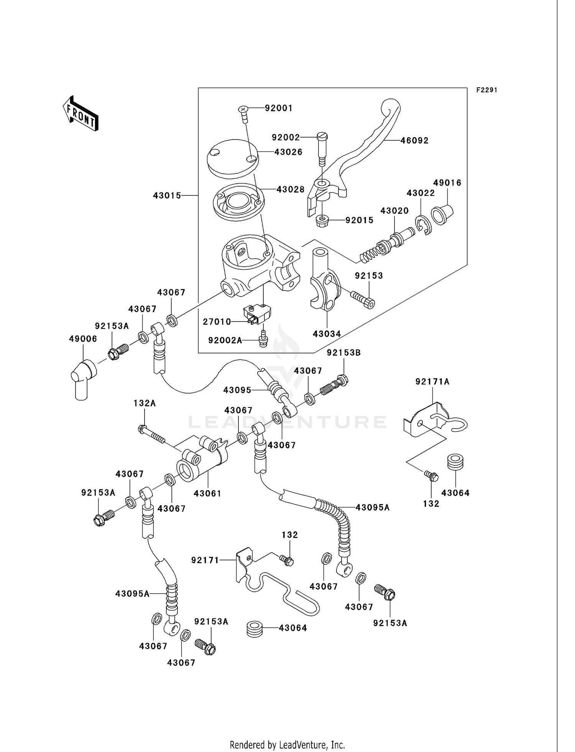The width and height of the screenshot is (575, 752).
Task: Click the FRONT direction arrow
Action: click(81, 114)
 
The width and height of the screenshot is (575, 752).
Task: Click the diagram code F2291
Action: click(486, 90)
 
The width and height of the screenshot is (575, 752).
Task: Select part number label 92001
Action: click(279, 108)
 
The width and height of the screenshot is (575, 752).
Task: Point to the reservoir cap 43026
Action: click(232, 157)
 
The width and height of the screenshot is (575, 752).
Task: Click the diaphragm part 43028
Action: click(238, 203)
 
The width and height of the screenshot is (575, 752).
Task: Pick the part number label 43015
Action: click(167, 196)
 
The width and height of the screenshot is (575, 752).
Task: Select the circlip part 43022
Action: click(424, 226)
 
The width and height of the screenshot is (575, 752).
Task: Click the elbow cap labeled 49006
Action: click(82, 378)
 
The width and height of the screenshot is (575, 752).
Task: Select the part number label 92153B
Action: click(343, 353)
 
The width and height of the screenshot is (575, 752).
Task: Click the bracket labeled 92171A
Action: click(429, 422)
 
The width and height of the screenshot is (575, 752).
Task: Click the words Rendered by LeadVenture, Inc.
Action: click(287, 745)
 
